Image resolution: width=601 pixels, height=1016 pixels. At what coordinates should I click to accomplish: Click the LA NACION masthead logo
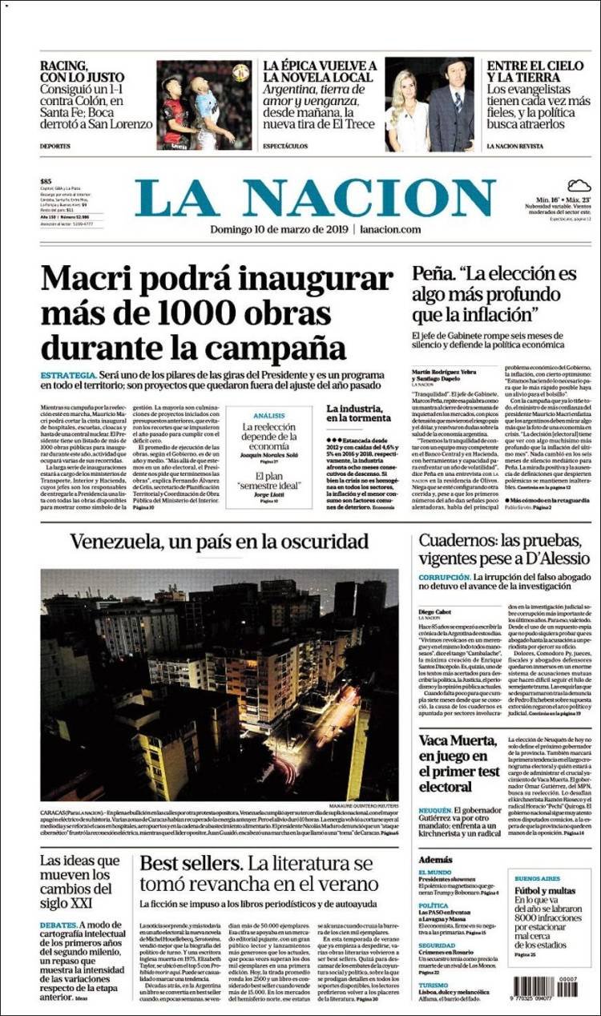314,198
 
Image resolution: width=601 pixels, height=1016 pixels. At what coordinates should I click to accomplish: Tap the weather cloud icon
579,186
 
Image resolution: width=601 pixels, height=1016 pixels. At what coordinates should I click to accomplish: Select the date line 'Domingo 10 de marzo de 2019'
278,229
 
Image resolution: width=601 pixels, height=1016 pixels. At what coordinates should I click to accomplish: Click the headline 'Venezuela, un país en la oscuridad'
219,542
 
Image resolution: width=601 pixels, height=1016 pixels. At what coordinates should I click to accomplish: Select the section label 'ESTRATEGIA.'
69,375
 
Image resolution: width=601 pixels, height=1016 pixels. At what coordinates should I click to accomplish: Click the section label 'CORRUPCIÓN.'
443,577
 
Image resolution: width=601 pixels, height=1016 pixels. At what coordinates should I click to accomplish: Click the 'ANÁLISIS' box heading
268,416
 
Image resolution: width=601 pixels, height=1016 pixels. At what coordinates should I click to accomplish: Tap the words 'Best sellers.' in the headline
189,865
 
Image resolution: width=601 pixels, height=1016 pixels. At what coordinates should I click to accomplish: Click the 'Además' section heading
435,859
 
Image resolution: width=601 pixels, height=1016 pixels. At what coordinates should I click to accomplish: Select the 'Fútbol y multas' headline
545,890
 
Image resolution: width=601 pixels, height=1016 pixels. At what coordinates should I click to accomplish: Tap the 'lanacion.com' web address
390,229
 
